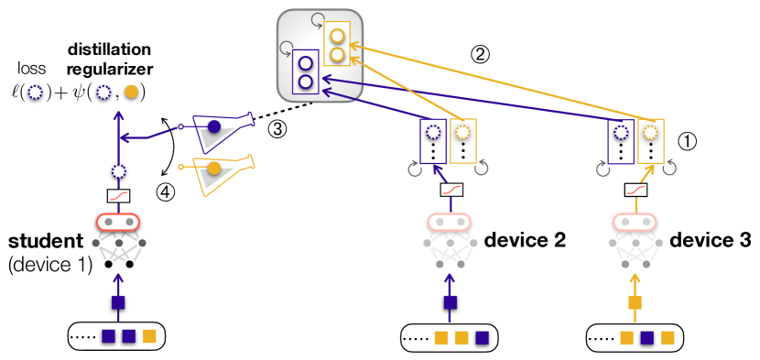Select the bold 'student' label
(45, 243)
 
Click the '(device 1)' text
(46, 266)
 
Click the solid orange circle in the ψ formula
(134, 93)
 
